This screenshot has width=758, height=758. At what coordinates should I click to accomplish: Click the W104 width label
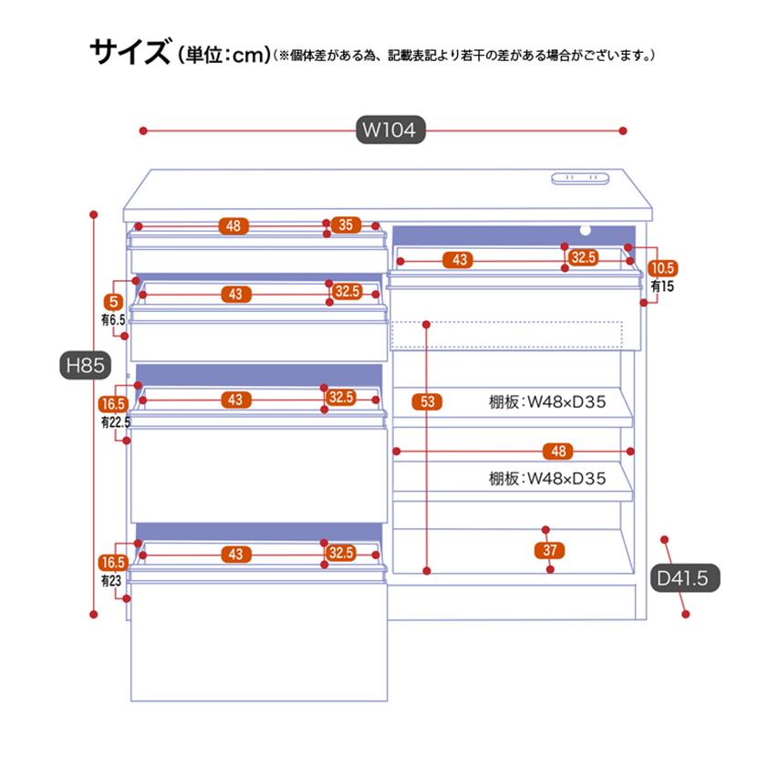(x=390, y=130)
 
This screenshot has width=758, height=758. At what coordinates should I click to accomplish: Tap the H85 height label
(x=85, y=365)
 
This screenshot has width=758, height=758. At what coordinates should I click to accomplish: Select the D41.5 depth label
(x=682, y=578)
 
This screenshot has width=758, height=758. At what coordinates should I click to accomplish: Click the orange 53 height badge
(x=427, y=401)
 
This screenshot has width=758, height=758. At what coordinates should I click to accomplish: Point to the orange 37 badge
(x=550, y=550)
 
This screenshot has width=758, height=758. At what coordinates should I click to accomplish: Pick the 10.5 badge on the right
(x=663, y=268)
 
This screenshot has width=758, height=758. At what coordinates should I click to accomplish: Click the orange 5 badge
(x=114, y=302)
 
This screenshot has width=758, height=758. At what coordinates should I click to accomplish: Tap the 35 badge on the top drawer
(x=346, y=224)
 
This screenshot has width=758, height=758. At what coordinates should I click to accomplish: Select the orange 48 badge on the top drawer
(x=234, y=225)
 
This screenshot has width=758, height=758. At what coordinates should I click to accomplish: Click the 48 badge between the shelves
(x=558, y=451)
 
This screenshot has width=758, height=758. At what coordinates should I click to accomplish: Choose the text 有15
(x=662, y=286)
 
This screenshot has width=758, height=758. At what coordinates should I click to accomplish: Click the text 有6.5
(x=113, y=319)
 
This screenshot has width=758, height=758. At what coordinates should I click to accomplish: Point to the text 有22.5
(x=116, y=422)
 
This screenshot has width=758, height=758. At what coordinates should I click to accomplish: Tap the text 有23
(x=111, y=580)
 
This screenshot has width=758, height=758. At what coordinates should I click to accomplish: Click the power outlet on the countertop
(x=580, y=178)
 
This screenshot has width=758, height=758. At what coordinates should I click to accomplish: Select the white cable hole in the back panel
(x=585, y=231)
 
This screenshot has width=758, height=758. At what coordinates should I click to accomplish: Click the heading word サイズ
(x=130, y=51)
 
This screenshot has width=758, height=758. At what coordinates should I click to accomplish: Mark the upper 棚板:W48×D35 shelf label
(x=546, y=401)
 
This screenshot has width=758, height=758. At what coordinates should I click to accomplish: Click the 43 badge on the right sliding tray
(x=459, y=260)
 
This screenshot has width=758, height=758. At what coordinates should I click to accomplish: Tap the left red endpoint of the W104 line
(x=143, y=130)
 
